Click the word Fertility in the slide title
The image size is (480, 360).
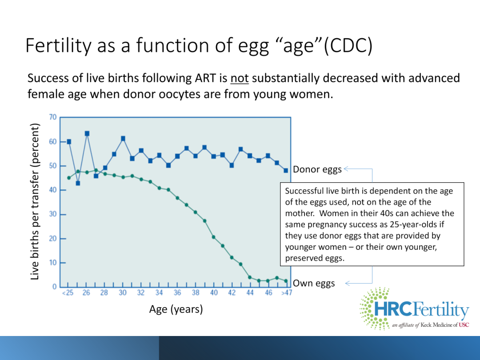coord(57,46)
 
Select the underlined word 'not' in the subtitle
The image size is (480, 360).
coord(239,79)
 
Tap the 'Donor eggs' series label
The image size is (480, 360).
coord(317,169)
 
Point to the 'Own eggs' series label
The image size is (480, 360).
coord(314,283)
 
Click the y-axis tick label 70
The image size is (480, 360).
coord(52,117)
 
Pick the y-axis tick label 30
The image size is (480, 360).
coord(52,214)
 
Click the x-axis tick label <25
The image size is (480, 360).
coord(68,293)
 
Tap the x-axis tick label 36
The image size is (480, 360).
coord(177,293)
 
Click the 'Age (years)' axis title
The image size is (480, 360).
coord(176,309)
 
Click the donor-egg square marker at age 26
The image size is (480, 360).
coord(87,133)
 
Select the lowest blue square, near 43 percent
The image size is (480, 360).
coord(78,183)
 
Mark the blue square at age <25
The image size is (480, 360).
coord(69,142)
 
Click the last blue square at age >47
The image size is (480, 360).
coord(286,170)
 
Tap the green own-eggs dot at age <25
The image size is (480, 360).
coord(69,178)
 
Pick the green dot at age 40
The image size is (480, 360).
coord(214,237)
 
